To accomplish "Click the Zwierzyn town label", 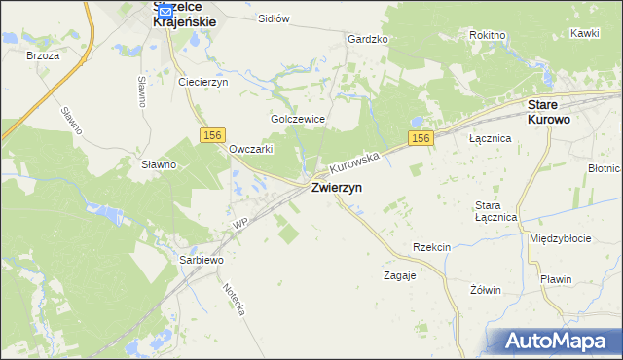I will point(338,189).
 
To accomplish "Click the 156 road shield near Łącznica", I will point(420,139).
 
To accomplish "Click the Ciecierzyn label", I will point(202,82).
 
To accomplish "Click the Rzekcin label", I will point(431,247).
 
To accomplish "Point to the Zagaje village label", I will point(399,275).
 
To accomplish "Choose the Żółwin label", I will point(485,289).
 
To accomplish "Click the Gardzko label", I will point(368,39).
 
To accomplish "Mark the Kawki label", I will point(585,32).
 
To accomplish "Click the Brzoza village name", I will point(44,55).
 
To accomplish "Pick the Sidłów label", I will point(275,18).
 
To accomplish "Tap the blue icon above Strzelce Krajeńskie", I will point(165,12).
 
